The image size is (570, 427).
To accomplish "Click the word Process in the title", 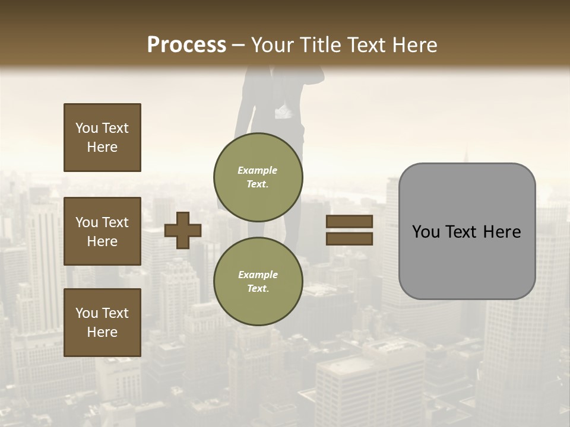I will click(186, 45).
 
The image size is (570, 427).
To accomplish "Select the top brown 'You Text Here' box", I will click(102, 138).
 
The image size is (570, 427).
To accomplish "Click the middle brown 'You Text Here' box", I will click(102, 231).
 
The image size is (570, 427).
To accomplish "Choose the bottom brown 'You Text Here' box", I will click(102, 322).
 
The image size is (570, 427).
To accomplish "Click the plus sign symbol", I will click(183, 230).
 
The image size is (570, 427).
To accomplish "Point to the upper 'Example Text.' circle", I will click(258, 177).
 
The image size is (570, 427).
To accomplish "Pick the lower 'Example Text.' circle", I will click(258, 282).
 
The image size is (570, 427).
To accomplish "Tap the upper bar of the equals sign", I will click(349, 222).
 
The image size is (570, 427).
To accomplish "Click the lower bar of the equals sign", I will click(349, 238).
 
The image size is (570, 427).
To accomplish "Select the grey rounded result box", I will click(467, 231).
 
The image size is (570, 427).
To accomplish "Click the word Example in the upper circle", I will click(257, 170).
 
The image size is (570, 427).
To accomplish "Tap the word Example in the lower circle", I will click(258, 275).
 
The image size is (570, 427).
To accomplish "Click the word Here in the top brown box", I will click(102, 147).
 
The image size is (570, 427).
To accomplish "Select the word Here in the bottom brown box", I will click(102, 332).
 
